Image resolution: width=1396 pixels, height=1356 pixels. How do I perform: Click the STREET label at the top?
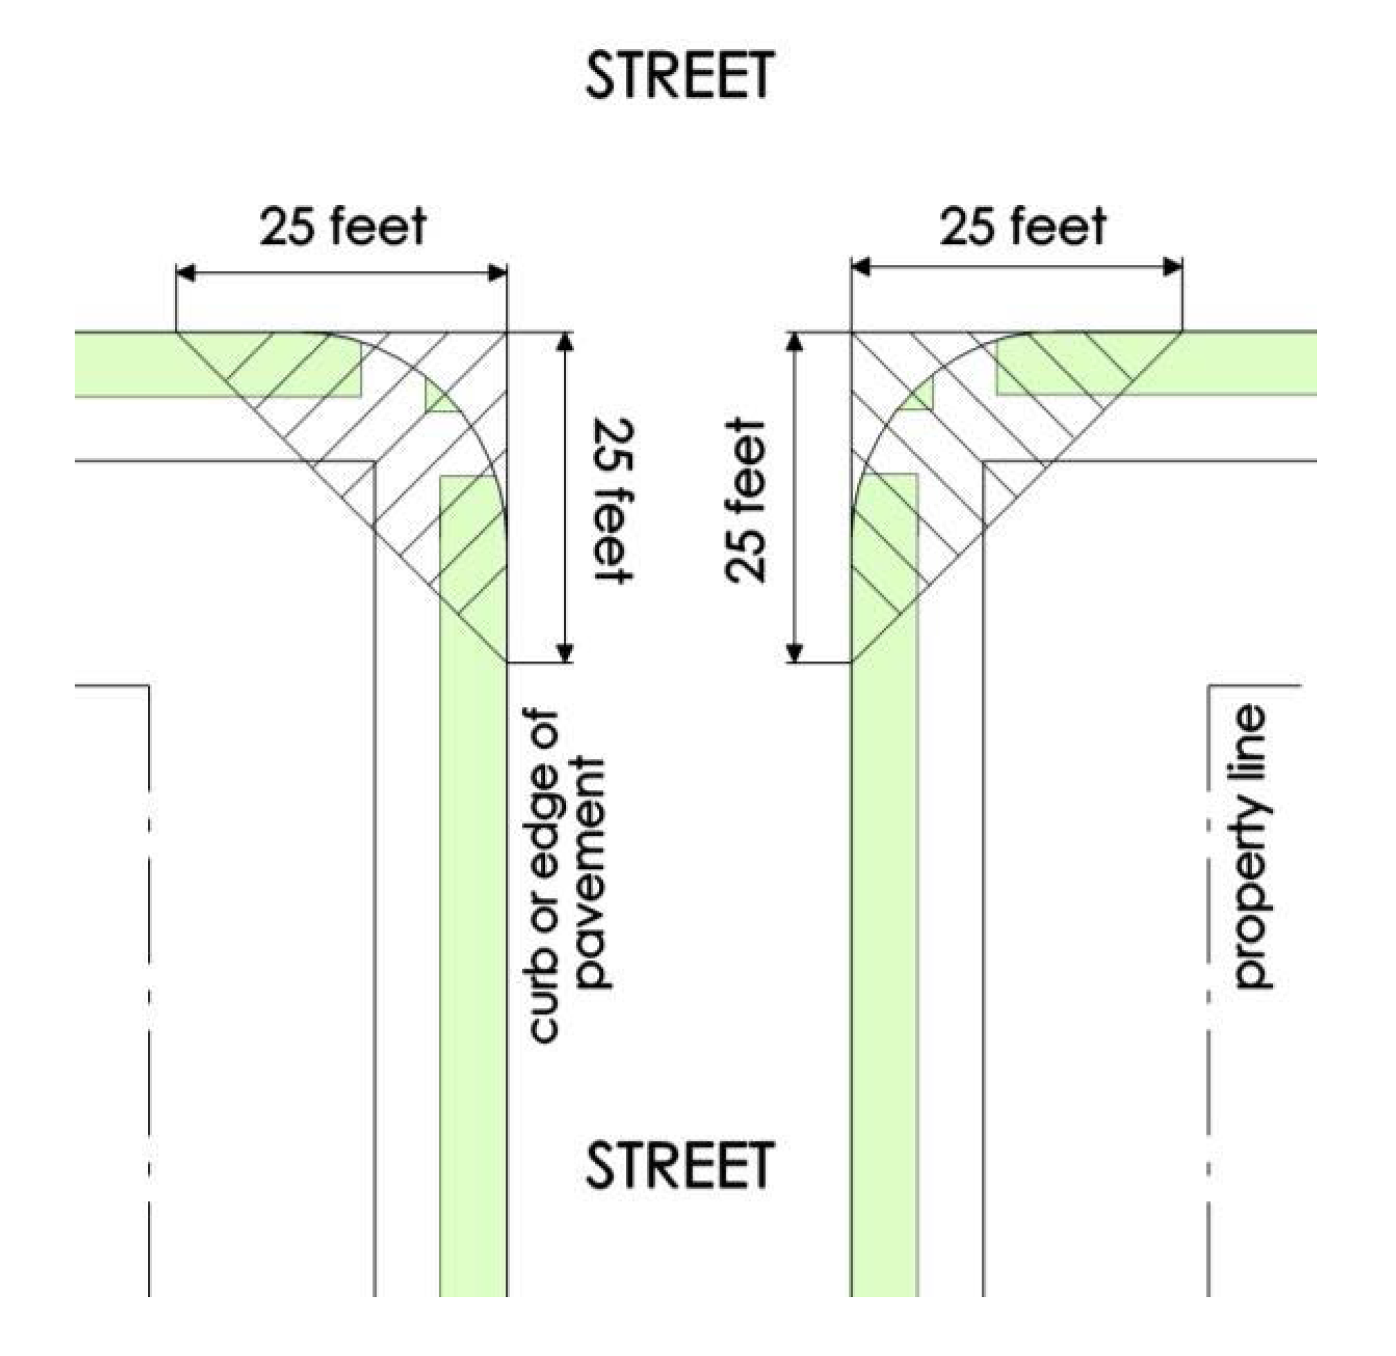pos(679,74)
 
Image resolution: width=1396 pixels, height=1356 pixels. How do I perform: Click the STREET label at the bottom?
pos(679,1164)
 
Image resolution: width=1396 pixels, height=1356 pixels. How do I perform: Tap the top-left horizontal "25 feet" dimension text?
pos(342,226)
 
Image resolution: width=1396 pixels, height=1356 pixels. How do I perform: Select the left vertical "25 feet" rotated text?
pos(614,500)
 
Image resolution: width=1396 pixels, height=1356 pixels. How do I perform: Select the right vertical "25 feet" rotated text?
pos(745,501)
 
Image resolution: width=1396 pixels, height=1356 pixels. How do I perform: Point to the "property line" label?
pos(1251,846)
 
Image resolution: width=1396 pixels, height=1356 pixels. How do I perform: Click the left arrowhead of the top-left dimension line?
pos(187,273)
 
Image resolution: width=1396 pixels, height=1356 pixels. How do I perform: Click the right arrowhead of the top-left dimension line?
pos(497,273)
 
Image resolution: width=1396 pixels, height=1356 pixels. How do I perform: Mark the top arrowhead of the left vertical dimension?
pos(564,342)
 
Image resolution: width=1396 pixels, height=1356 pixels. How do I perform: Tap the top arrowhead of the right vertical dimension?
pos(795,342)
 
